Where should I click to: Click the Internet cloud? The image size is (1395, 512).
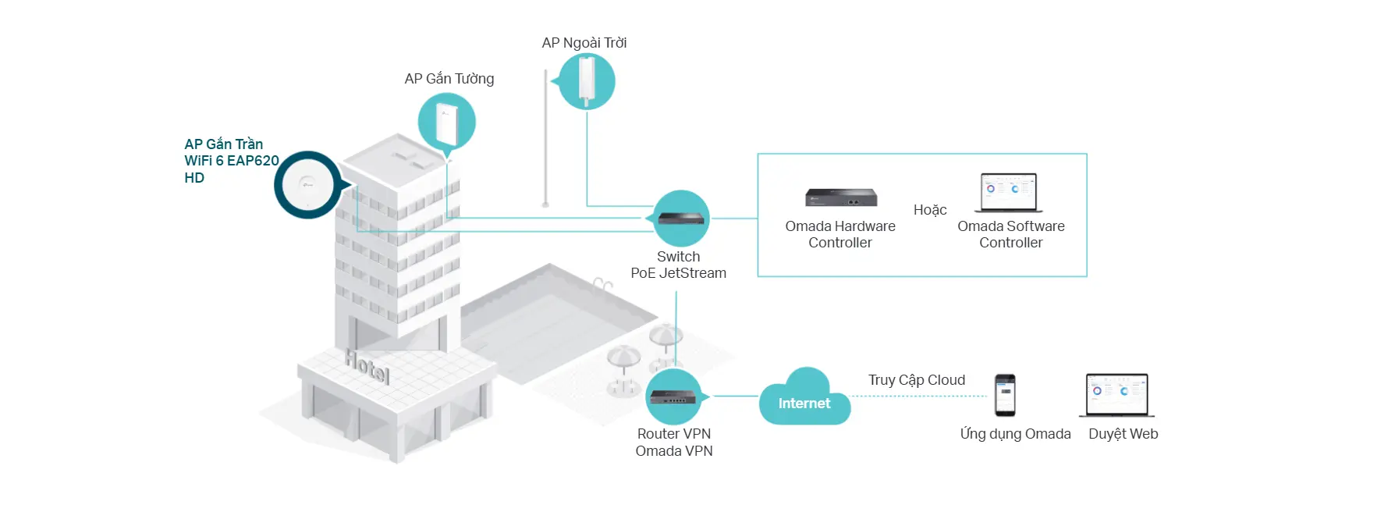coord(804,400)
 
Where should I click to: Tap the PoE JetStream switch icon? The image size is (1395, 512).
coord(681,219)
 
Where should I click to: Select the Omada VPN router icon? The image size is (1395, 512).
coord(674,397)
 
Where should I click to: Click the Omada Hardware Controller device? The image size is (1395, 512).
coord(841,197)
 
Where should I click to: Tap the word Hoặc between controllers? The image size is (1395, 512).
coord(930,210)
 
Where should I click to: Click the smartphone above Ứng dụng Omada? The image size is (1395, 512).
coord(1005,395)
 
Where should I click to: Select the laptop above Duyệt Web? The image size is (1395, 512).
coord(1117,395)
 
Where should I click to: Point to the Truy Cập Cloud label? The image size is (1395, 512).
coord(917,380)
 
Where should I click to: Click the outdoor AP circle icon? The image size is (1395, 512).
coord(587,81)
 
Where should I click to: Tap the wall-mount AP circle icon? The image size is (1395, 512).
coord(446,122)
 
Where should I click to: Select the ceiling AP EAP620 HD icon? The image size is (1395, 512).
coord(307,185)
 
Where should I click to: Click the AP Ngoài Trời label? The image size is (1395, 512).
coord(584,43)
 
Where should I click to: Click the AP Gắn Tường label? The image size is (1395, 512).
coord(449,79)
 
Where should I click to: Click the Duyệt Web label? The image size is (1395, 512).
coord(1123,434)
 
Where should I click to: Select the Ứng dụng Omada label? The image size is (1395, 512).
coord(1015,434)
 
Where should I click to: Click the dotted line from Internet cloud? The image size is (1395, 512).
coord(919,396)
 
